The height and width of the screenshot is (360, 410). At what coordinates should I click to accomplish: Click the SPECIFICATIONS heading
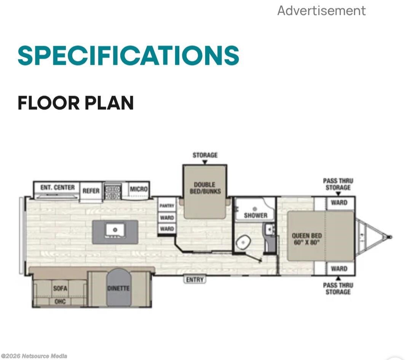(x=128, y=55)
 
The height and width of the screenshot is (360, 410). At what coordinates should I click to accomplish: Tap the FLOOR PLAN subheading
(x=76, y=103)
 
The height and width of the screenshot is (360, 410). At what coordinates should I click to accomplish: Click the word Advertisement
(x=321, y=11)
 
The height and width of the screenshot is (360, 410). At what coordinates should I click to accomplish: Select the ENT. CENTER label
(x=57, y=187)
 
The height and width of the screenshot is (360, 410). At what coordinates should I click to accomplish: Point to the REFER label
(x=91, y=191)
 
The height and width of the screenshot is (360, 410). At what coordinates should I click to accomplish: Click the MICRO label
(x=139, y=189)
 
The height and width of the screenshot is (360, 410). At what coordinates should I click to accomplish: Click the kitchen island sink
(x=115, y=230)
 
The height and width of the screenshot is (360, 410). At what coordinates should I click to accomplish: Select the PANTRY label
(x=167, y=206)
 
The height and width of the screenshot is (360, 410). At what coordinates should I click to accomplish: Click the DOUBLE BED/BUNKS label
(x=205, y=188)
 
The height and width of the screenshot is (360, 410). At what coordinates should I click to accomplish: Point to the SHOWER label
(x=255, y=215)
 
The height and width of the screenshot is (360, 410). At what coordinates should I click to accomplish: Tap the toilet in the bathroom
(x=243, y=242)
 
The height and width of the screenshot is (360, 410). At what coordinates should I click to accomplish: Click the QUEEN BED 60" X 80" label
(x=307, y=239)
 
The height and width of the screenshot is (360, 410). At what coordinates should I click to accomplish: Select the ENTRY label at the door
(x=195, y=280)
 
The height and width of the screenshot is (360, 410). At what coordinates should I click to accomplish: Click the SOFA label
(x=60, y=288)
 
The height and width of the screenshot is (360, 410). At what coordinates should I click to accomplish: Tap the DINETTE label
(x=118, y=288)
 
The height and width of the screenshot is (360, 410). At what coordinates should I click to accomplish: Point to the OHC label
(x=60, y=301)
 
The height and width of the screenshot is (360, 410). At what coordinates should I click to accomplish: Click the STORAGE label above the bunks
(x=205, y=155)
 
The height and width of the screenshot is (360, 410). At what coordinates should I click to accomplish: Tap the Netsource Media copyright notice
(x=34, y=356)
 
